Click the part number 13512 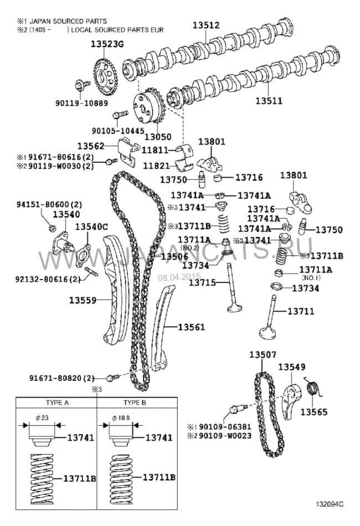tap(206, 25)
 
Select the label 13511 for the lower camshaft tap(269, 101)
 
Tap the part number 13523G tap(106, 47)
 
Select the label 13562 tap(90, 146)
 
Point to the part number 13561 tap(191, 327)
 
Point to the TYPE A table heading tap(56, 404)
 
